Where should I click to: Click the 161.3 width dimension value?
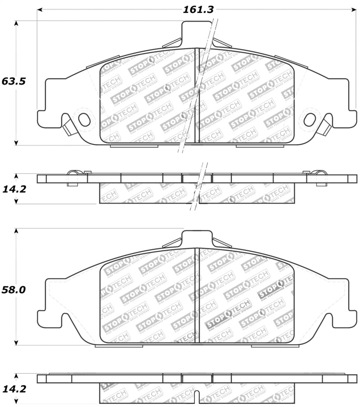(198, 9)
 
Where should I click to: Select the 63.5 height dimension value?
(14, 81)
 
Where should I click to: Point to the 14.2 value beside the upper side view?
(14, 189)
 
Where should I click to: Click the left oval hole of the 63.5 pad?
(84, 119)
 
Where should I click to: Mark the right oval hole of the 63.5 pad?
(310, 119)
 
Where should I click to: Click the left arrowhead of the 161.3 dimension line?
(40, 9)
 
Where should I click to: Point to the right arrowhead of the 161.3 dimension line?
(354, 9)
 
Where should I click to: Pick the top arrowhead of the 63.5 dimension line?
(17, 23)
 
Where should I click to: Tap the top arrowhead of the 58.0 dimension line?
(17, 231)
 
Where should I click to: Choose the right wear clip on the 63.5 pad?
(326, 126)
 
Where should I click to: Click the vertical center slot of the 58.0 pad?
(197, 295)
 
